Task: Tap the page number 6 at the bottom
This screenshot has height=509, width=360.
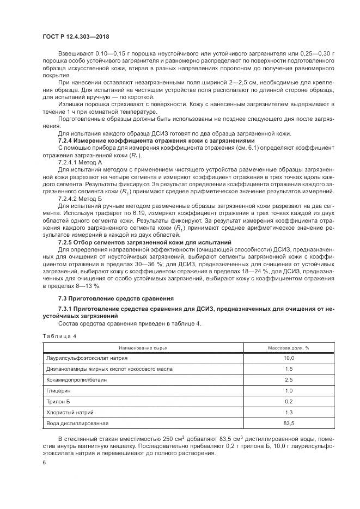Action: click(44, 462)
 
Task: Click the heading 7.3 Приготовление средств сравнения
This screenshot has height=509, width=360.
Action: click(116, 298)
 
